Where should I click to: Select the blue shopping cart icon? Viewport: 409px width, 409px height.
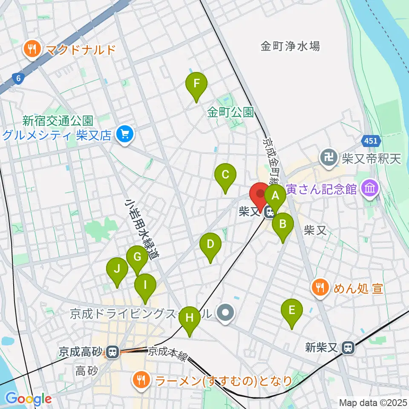pos(125,135)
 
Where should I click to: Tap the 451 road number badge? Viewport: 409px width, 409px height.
pos(370,140)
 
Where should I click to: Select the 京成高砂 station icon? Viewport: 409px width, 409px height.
pos(112,352)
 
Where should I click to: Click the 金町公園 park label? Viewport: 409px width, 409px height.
pos(230,112)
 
